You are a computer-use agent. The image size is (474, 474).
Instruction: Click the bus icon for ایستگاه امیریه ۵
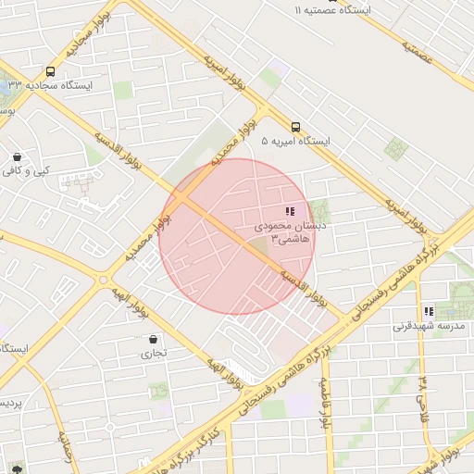[296, 127]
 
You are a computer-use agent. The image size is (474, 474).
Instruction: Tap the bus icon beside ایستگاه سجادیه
[49, 70]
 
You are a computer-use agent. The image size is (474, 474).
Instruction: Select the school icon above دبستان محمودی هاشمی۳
[291, 211]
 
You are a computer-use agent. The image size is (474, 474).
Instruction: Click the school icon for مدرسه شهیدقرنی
[428, 312]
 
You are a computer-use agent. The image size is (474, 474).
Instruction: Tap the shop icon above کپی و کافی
[18, 156]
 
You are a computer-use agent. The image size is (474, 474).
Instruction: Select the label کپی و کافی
[25, 170]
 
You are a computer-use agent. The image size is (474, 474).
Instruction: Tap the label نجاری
[154, 353]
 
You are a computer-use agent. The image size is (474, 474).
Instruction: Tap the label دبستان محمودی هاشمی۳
[287, 231]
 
